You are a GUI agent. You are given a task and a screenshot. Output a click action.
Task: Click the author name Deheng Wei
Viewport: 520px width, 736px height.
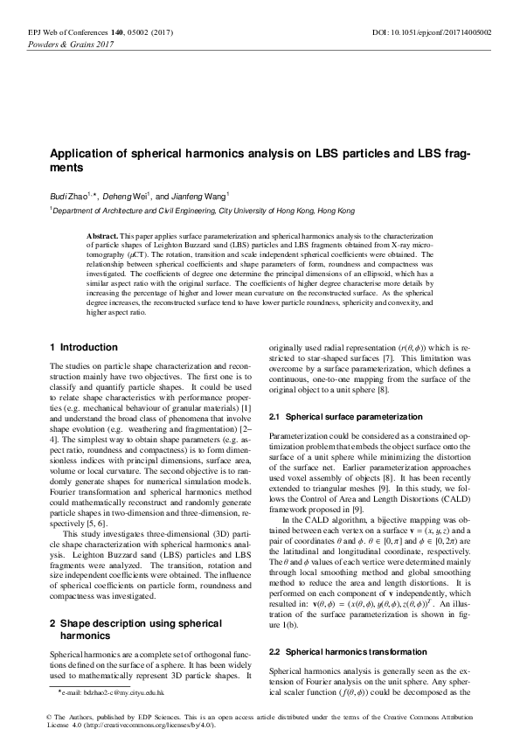128,196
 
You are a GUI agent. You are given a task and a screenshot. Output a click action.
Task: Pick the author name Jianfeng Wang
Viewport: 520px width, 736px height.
198,196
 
